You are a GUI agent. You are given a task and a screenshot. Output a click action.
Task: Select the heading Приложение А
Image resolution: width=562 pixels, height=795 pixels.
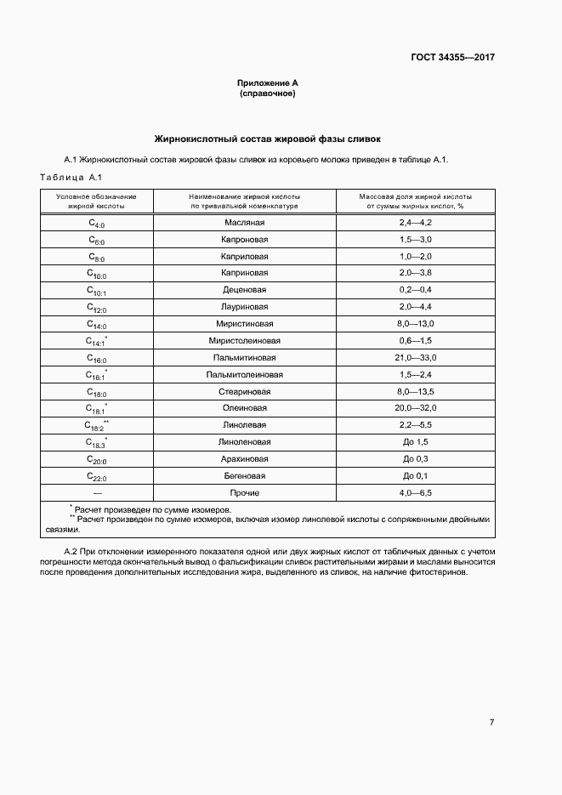pyautogui.click(x=267, y=83)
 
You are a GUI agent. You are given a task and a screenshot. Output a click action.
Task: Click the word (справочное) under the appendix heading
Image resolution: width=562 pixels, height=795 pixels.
pyautogui.click(x=267, y=94)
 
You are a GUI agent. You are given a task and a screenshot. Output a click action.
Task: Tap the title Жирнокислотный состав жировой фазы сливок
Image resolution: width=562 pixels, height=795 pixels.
pyautogui.click(x=267, y=138)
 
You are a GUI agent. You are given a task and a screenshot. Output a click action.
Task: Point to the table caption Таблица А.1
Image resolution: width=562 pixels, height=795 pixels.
pyautogui.click(x=71, y=177)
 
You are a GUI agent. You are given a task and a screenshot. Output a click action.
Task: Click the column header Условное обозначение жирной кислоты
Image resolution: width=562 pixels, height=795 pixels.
pyautogui.click(x=96, y=201)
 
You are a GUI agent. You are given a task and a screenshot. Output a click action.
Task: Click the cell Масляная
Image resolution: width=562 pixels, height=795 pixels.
pyautogui.click(x=245, y=222)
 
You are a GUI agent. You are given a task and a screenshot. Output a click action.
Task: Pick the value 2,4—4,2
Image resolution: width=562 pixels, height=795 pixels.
pyautogui.click(x=416, y=222)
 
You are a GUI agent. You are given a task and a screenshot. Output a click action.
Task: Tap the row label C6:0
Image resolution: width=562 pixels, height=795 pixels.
pyautogui.click(x=96, y=240)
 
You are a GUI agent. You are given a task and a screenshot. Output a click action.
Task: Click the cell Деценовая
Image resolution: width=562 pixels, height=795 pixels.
pyautogui.click(x=245, y=290)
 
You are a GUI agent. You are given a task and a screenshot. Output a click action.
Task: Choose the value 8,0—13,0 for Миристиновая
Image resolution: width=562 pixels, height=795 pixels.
pyautogui.click(x=416, y=324)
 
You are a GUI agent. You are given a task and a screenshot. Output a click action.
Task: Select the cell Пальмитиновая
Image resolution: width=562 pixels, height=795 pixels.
pyautogui.click(x=245, y=358)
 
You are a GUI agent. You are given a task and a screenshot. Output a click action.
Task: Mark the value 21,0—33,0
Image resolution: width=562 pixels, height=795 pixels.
pyautogui.click(x=416, y=358)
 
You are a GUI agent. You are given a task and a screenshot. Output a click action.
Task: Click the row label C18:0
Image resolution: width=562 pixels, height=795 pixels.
pyautogui.click(x=96, y=392)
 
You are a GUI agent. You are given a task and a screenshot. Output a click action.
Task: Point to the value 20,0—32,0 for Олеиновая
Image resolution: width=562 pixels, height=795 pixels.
pyautogui.click(x=416, y=408)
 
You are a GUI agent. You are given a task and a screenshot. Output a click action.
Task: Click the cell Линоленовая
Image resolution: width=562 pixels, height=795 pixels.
pyautogui.click(x=245, y=442)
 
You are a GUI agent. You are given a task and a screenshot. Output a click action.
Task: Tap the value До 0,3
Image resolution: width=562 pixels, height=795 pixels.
pyautogui.click(x=416, y=459)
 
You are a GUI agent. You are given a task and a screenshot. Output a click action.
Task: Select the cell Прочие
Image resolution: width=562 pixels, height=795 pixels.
pyautogui.click(x=245, y=493)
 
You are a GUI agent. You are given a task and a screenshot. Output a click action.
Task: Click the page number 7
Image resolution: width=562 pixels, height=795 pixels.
pyautogui.click(x=491, y=722)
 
